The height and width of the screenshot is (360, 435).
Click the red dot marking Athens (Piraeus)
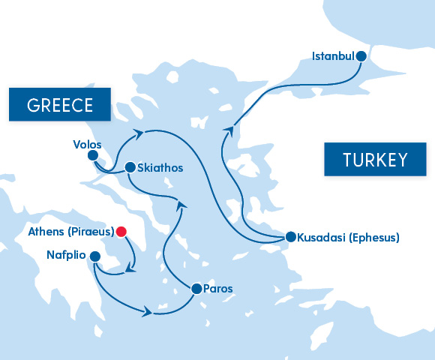click(120, 232)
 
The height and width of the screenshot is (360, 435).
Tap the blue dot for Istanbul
click(361, 55)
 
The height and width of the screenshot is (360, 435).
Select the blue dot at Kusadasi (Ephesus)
click(290, 237)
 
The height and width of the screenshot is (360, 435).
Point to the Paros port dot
click(196, 288)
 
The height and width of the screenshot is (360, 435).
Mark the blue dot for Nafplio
click(94, 256)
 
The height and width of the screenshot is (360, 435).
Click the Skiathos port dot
click(130, 167)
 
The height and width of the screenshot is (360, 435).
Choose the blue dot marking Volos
click(93, 156)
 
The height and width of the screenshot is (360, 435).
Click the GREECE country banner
click(59, 105)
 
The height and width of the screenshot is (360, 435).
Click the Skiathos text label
click(160, 168)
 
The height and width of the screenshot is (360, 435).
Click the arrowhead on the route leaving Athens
click(131, 268)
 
